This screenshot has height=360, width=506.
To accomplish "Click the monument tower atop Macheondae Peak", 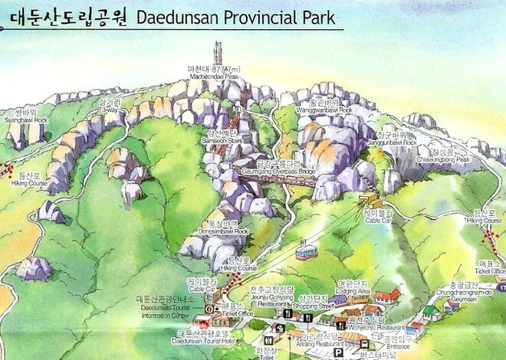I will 218,53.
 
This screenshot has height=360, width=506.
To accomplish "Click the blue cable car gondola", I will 306,250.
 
